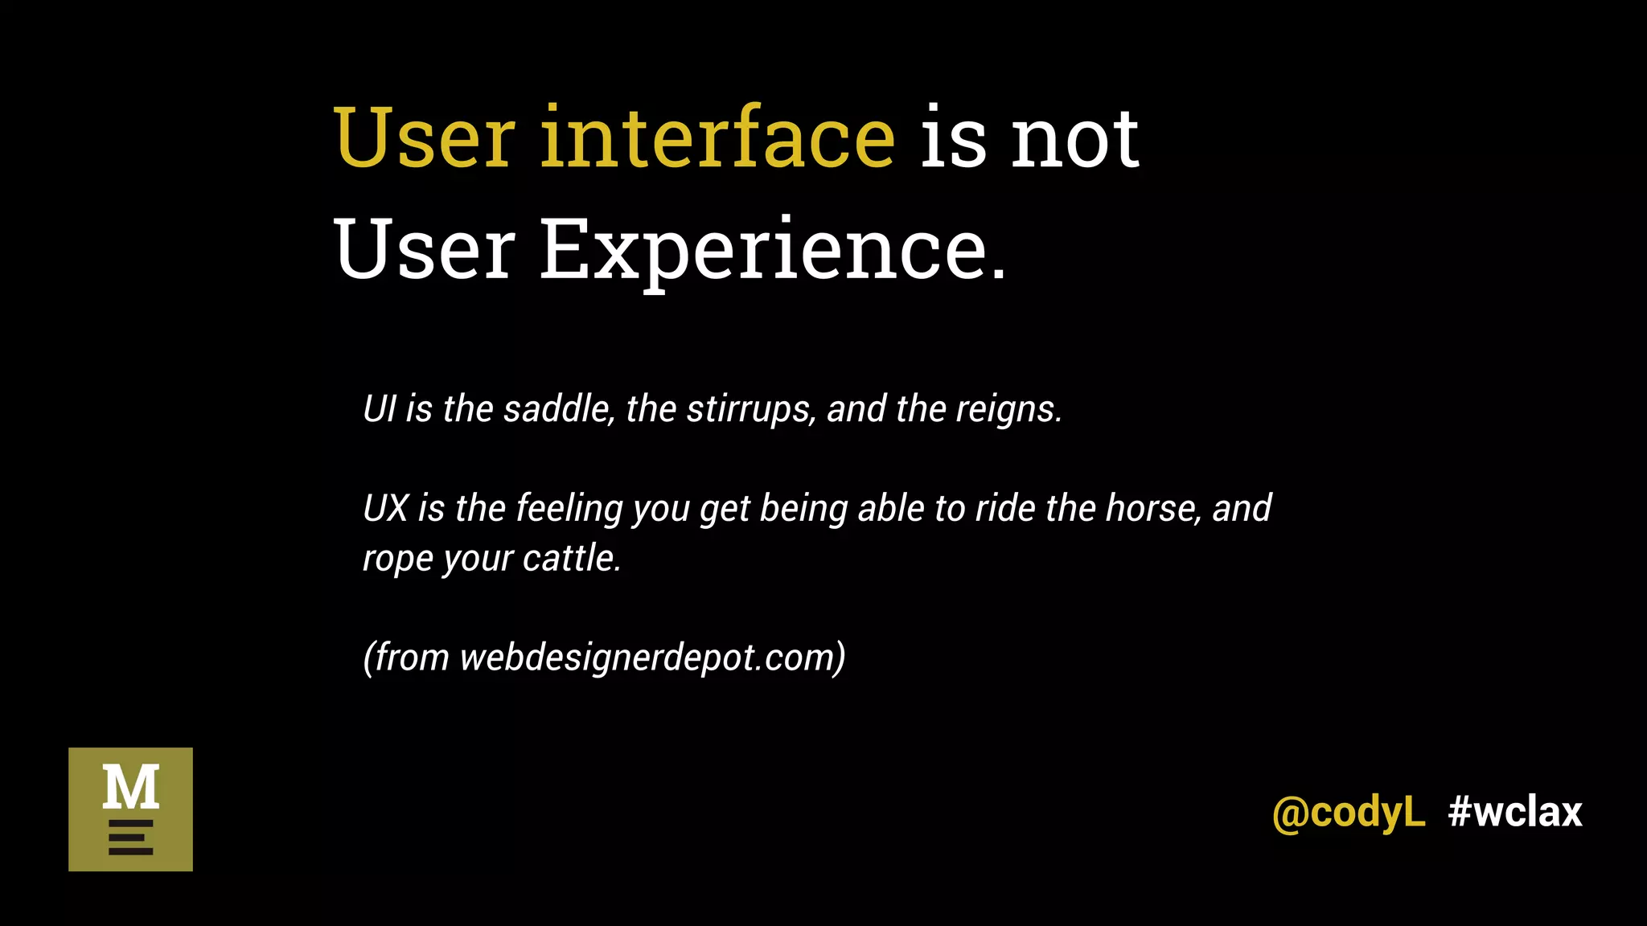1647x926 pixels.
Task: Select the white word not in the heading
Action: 1074,141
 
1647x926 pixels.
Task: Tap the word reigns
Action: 1008,410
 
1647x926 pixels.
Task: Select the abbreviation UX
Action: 386,509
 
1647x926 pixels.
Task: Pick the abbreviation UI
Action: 380,409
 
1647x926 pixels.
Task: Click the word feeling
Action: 569,510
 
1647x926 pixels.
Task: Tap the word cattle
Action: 572,559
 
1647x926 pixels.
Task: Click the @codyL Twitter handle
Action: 1348,813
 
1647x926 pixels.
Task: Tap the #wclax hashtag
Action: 1515,812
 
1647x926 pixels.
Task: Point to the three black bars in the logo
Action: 130,838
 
